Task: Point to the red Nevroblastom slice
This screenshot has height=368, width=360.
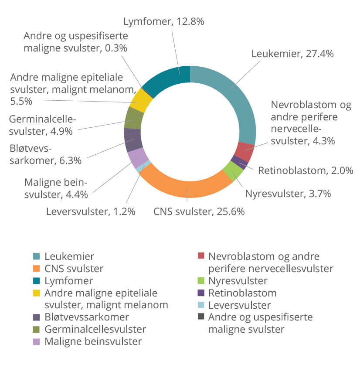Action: tap(245, 152)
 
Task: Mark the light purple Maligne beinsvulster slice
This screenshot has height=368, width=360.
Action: tap(138, 157)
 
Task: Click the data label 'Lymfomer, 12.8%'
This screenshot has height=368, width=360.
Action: tap(164, 22)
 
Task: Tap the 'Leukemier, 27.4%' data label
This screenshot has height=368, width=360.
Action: tap(292, 54)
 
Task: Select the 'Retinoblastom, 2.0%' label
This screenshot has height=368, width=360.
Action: tap(306, 170)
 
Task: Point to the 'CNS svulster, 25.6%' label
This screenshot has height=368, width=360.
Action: tap(199, 211)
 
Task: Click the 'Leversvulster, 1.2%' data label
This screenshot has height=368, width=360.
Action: tap(91, 211)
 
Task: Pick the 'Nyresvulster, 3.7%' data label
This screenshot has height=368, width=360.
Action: tap(288, 194)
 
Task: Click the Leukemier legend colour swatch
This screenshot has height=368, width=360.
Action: tap(36, 256)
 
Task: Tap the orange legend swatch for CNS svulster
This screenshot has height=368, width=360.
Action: tap(36, 269)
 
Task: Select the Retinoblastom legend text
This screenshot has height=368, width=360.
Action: tap(242, 293)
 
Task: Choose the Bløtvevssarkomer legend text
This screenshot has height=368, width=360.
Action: tap(87, 317)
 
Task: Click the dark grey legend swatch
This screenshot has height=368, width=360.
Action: tap(201, 317)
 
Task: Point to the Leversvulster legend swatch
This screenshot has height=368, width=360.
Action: tap(201, 305)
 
